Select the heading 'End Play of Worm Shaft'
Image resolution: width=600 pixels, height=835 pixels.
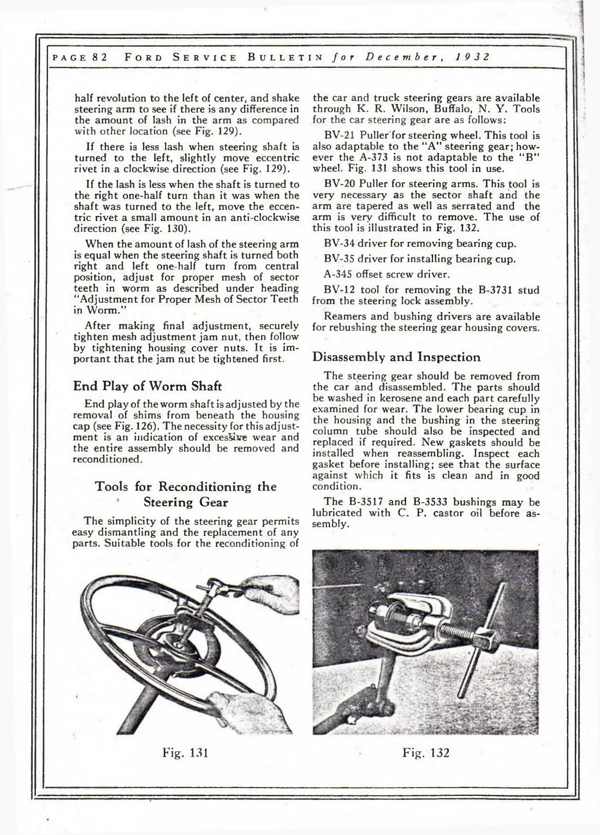tap(147, 386)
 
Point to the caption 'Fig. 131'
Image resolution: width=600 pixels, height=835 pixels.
tap(185, 752)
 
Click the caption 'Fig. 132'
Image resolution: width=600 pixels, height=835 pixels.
tap(426, 752)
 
